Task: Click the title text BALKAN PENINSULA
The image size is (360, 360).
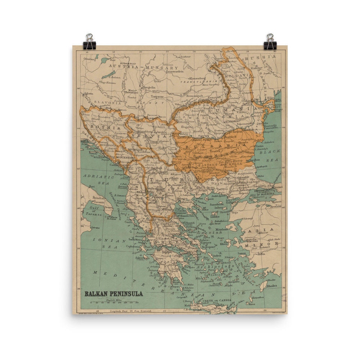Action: (114, 294)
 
